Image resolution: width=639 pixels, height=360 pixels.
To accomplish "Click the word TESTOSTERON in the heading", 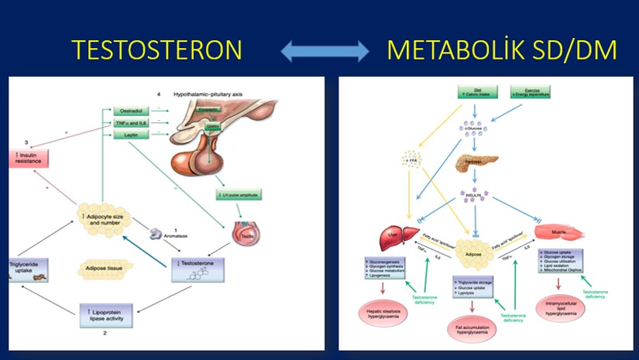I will click(157, 50).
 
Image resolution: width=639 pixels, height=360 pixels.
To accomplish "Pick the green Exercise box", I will click(528, 94).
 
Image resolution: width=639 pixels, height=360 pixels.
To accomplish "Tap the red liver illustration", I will click(395, 235).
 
